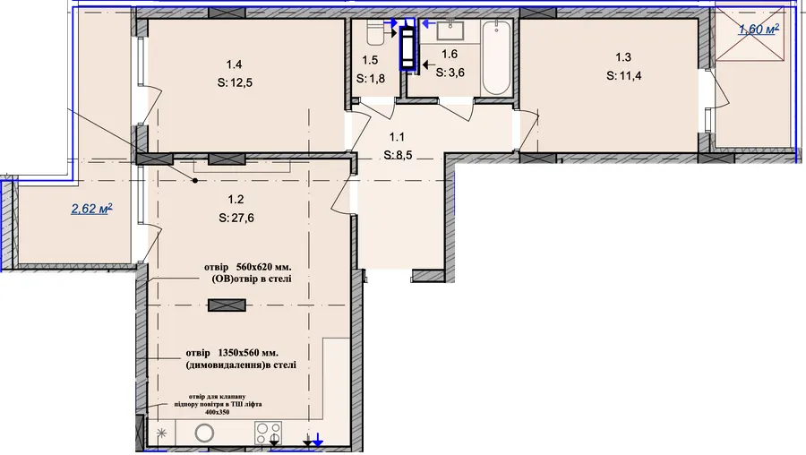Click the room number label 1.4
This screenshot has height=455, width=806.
coord(234,64)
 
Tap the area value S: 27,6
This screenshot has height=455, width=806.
coord(236,218)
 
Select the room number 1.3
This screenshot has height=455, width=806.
coord(623,57)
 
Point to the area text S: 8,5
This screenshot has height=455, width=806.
coord(398,155)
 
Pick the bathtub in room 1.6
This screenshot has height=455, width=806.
coord(496,57)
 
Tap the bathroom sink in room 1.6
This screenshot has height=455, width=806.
coord(450,30)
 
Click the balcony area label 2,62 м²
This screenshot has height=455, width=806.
coord(92,209)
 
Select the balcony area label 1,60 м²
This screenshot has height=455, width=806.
coord(759,30)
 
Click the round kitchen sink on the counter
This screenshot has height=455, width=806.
coord(204,434)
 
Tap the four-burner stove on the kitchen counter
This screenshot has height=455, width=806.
coord(269,433)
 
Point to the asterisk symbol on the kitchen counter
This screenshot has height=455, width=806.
coord(161,434)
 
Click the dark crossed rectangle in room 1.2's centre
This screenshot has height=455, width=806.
coord(227,305)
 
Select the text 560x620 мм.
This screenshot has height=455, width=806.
coord(263,267)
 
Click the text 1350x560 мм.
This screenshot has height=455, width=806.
coord(248,353)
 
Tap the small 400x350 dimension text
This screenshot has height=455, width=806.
coord(217,412)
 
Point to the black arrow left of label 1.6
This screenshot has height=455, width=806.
coord(428,64)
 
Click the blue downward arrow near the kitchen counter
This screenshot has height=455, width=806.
coord(318,440)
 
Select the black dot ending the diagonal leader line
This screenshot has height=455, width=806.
coord(195,180)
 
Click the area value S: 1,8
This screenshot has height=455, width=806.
coord(371,79)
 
